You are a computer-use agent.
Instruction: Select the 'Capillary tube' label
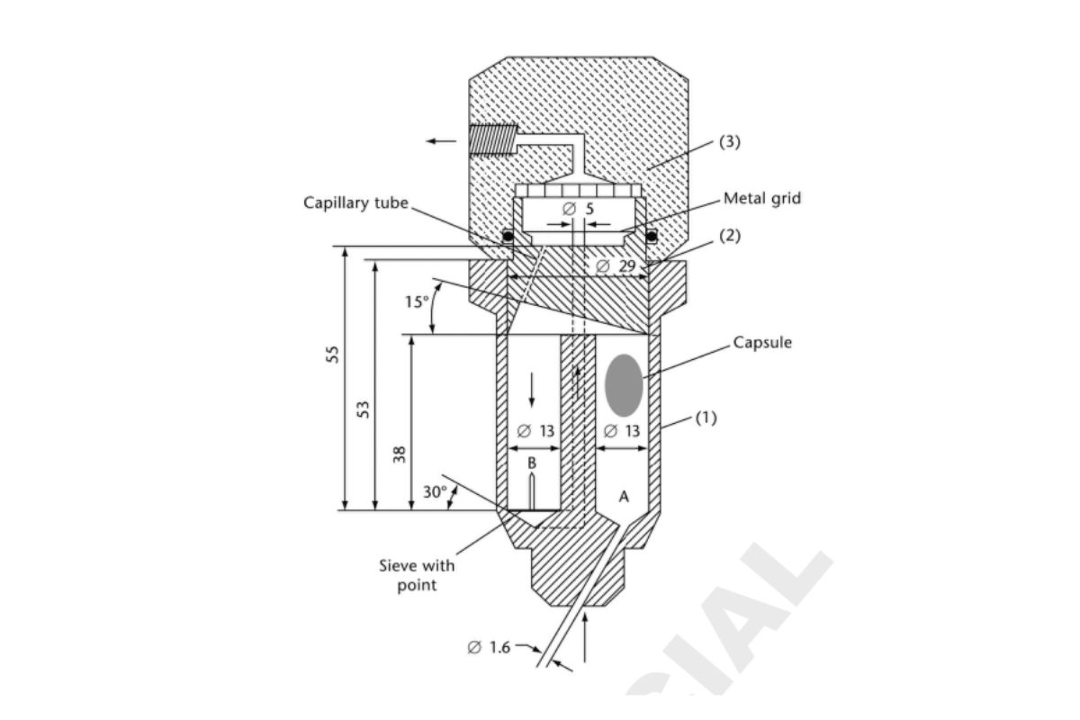click(x=355, y=203)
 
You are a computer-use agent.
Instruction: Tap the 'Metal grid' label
click(x=761, y=199)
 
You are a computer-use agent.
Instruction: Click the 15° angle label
click(x=416, y=302)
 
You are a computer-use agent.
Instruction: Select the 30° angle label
click(x=435, y=492)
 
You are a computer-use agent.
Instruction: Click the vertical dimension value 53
click(x=363, y=409)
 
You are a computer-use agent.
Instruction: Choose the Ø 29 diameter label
click(x=616, y=266)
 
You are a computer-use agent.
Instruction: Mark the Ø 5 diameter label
click(x=577, y=208)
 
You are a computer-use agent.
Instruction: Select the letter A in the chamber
click(x=624, y=497)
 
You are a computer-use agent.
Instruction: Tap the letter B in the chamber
click(x=531, y=463)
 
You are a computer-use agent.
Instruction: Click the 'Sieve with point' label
click(x=417, y=575)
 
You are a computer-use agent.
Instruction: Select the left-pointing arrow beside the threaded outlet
click(x=441, y=140)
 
